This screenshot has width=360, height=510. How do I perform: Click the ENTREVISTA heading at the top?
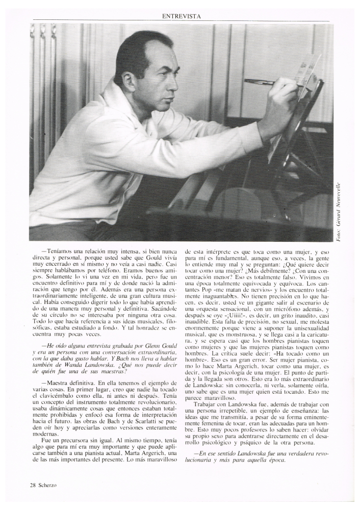[181, 16]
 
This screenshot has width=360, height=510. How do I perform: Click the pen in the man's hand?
[260, 82]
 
